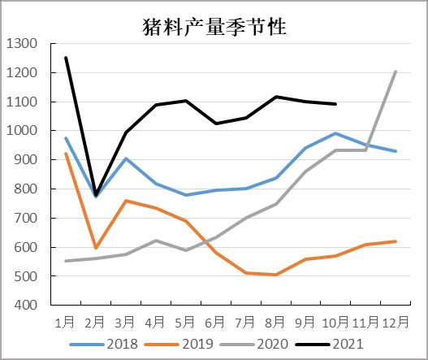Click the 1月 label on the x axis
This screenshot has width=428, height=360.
point(66,320)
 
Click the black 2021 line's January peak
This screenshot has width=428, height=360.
point(66,58)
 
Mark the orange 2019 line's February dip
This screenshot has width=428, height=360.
point(96,247)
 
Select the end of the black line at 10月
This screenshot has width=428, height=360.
point(335,104)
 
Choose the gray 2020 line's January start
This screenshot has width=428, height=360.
point(66,261)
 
